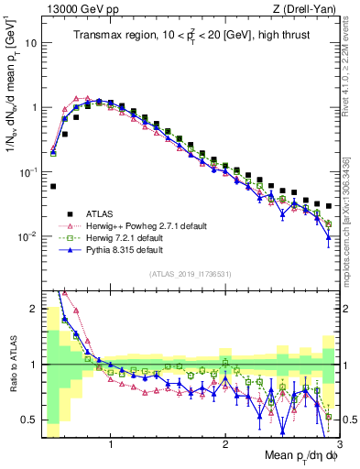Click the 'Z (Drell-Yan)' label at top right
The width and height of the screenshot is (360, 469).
pos(306,8)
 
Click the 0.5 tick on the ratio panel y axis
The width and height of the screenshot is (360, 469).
pos(31,420)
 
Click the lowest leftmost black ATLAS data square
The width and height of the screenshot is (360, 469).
pos(53,186)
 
